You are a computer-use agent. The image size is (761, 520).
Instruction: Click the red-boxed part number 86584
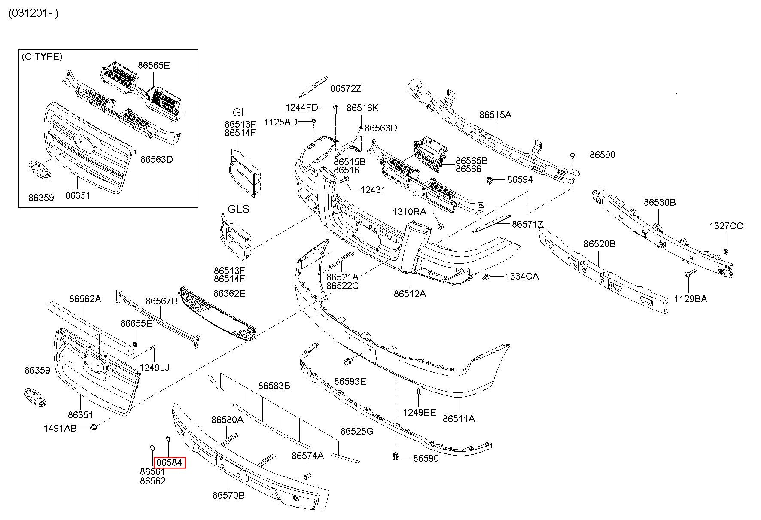[x=170, y=462]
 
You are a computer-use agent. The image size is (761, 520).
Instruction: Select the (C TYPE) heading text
[x=42, y=57]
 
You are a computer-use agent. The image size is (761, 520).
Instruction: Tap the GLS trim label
[x=238, y=209]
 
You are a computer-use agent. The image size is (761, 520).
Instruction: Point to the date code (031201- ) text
[x=33, y=13]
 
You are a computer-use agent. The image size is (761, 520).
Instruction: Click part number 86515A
[x=495, y=115]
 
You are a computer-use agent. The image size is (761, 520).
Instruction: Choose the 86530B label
[x=659, y=202]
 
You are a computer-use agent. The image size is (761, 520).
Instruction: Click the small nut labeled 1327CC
[x=725, y=251]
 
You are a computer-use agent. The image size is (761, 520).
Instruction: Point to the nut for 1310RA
[x=440, y=226]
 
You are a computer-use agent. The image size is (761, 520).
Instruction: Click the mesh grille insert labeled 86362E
[x=218, y=313]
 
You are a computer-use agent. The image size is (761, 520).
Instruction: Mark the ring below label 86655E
[x=135, y=343]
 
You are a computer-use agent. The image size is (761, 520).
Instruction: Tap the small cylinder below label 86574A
[x=307, y=476]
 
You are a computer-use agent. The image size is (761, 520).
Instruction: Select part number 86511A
[x=459, y=419]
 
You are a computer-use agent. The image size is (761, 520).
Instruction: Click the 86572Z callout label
[x=346, y=89]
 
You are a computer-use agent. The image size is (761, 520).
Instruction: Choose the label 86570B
[x=228, y=495]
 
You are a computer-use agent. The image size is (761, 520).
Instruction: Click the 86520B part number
[x=600, y=244]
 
